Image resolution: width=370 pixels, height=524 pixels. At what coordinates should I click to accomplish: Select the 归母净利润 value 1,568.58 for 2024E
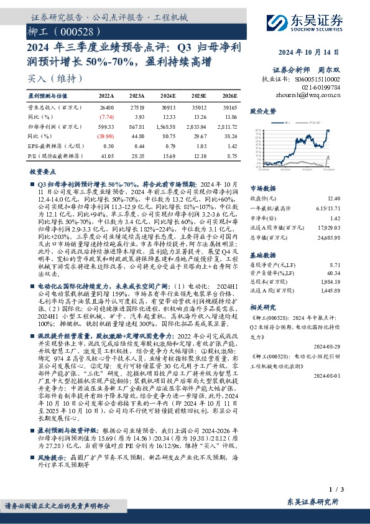pos(167,125)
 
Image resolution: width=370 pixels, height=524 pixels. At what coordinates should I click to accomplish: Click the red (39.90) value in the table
pos(106,134)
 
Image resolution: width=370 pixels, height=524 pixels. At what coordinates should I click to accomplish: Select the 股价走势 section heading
pos(263,111)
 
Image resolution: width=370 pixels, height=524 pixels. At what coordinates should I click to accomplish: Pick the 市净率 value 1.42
pos(335,219)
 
